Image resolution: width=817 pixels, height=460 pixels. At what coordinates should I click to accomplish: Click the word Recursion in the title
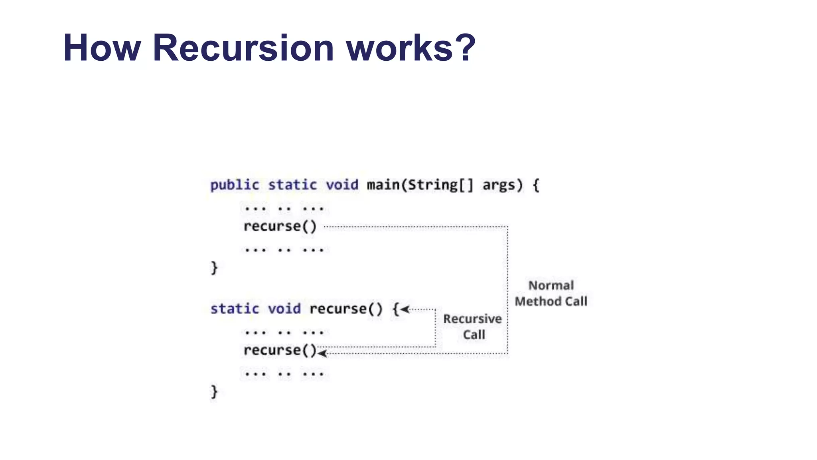(243, 48)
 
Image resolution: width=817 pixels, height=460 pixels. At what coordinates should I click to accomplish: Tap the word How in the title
(102, 48)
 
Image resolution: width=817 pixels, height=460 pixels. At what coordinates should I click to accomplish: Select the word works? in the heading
(411, 48)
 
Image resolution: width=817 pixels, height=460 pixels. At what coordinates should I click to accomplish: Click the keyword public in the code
(235, 185)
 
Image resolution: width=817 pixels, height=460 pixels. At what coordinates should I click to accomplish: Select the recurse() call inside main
(280, 226)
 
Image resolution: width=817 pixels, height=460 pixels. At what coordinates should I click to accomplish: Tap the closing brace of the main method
(214, 268)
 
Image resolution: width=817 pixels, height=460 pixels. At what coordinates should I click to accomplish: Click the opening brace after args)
(536, 185)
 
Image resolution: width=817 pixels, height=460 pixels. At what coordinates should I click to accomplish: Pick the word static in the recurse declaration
(235, 309)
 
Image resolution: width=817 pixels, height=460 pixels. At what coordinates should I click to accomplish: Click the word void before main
(342, 185)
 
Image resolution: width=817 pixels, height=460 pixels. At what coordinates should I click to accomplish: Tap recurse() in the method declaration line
(346, 309)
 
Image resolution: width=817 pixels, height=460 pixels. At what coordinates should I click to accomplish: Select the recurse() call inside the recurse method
(280, 350)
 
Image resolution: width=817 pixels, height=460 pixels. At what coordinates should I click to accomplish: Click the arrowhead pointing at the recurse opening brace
(405, 309)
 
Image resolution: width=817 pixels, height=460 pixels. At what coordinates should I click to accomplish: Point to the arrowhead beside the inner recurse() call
(322, 353)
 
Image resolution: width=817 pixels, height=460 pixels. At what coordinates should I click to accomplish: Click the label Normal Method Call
(551, 293)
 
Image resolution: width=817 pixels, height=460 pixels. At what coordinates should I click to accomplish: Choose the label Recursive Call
(473, 327)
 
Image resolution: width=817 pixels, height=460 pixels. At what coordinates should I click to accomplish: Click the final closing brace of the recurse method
(214, 392)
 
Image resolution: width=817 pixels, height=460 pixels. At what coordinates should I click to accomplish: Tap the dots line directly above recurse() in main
(284, 208)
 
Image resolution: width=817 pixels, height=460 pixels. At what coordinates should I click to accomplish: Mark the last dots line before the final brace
(284, 374)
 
